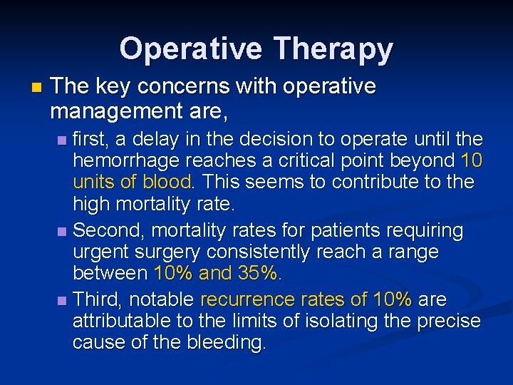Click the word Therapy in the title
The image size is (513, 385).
332,49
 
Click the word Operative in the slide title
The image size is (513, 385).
191,49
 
